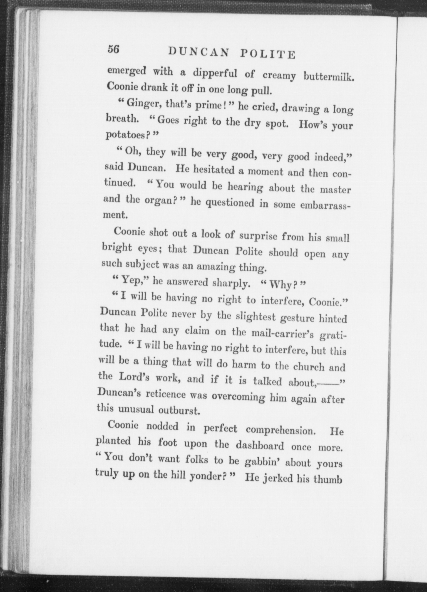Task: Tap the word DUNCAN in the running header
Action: [x=198, y=52]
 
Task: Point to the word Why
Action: [x=279, y=285]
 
